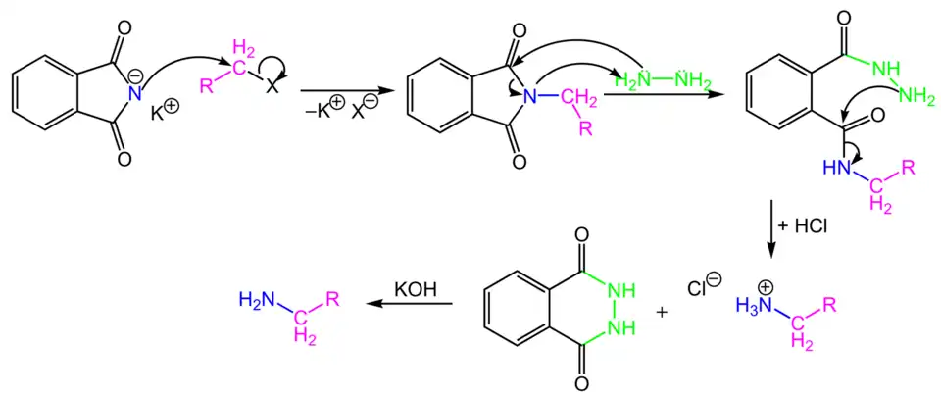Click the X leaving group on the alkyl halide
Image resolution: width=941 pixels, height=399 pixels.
(272, 87)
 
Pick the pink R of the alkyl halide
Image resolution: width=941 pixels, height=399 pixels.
(207, 86)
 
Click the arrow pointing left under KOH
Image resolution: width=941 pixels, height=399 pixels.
(410, 304)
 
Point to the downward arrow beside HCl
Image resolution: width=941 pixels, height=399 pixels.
(771, 230)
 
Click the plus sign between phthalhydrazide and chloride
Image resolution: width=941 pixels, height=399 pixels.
(664, 313)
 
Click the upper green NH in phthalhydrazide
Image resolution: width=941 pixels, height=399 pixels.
(621, 291)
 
